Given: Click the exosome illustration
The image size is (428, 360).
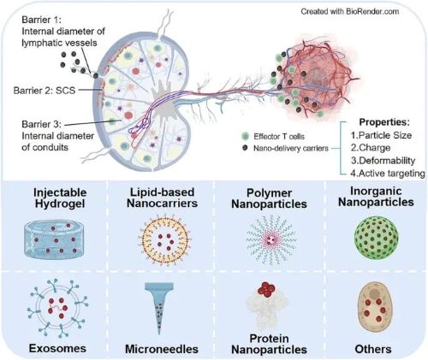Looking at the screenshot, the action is (58, 308).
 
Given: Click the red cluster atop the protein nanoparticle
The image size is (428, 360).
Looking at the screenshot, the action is (267, 290).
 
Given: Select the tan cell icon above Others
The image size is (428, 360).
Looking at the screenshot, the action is (374, 307).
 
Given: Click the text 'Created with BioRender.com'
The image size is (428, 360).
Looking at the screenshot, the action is (349, 11).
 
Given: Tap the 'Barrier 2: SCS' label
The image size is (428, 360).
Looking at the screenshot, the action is (45, 91).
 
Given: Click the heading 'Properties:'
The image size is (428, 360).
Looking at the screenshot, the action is (384, 122).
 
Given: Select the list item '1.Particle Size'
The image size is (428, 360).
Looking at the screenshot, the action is (381, 135).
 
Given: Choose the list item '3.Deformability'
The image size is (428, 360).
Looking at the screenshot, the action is (383, 160).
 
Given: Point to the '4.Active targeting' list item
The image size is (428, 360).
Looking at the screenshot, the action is (388, 173).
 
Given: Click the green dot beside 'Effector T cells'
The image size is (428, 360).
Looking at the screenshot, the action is (245, 136).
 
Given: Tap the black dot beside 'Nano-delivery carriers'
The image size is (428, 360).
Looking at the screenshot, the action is (245, 148).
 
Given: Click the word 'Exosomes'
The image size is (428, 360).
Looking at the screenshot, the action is (57, 348).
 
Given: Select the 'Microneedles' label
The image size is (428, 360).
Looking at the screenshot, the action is (162, 349).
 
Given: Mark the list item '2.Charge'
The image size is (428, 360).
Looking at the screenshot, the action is (371, 148).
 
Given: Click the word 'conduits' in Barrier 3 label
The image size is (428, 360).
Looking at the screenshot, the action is (51, 147).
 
